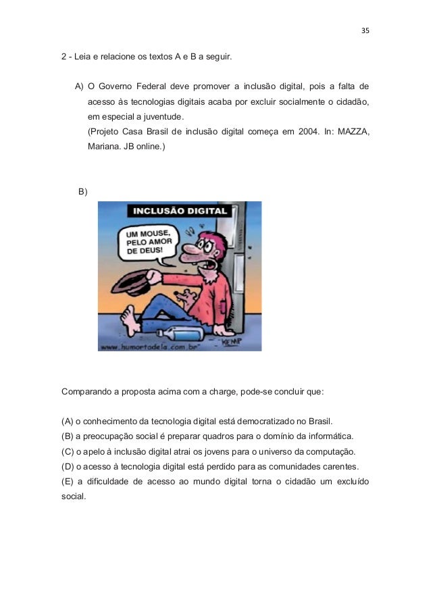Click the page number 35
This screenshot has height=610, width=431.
(365, 31)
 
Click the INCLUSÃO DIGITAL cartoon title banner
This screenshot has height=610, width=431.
(180, 210)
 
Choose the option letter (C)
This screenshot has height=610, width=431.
(67, 451)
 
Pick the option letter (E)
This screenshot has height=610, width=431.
(67, 482)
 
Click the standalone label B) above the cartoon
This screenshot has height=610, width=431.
(83, 192)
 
